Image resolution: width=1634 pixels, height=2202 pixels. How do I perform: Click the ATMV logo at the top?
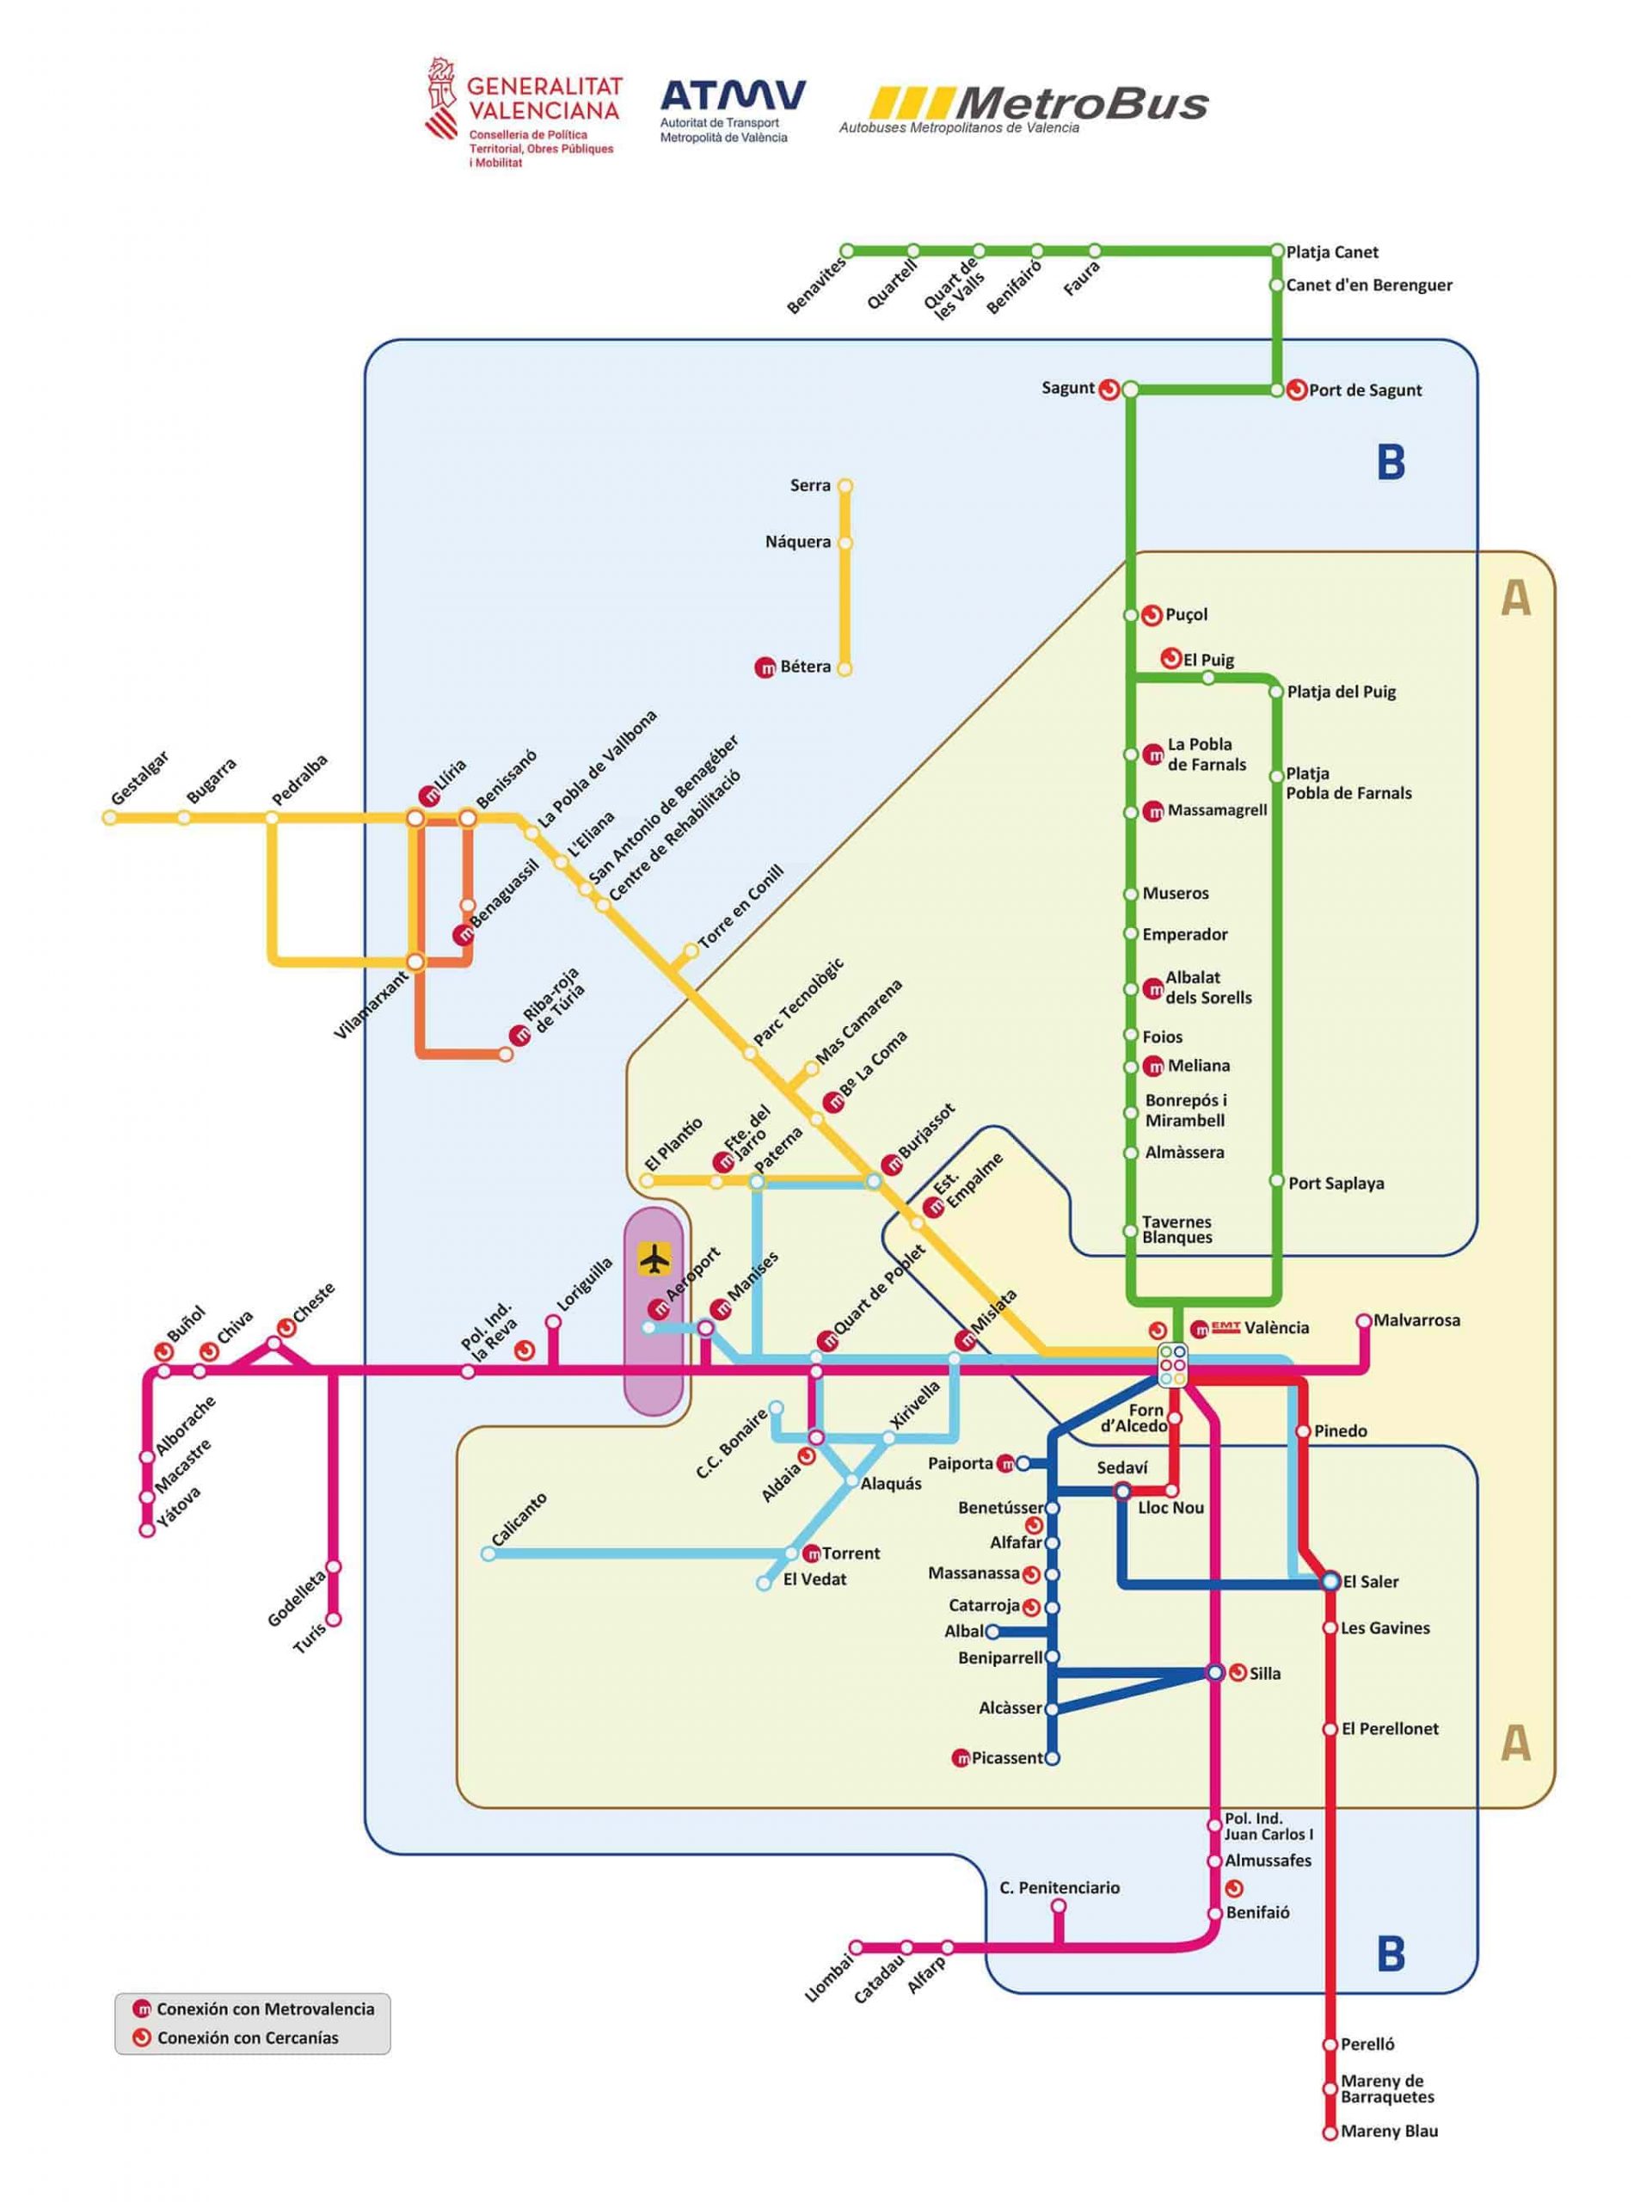tap(732, 97)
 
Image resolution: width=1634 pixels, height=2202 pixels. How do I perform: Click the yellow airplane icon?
tap(654, 1260)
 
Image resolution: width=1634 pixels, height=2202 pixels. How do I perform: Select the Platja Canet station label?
tap(1331, 252)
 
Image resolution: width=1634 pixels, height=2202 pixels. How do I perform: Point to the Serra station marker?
tap(845, 486)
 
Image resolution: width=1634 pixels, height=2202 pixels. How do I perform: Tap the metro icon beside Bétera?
tap(765, 667)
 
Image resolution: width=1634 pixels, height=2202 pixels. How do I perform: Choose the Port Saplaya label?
tap(1336, 1183)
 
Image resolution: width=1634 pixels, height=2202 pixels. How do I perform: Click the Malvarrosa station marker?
tap(1364, 1320)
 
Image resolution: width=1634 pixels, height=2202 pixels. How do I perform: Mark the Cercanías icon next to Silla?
tap(1238, 1673)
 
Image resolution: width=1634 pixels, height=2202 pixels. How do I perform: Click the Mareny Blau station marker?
tap(1330, 2131)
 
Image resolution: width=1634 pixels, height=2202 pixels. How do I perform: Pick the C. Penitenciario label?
tap(1060, 1887)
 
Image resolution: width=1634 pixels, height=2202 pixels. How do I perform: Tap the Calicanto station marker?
tap(488, 1554)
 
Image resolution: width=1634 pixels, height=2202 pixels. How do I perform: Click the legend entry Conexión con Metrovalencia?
tap(265, 2009)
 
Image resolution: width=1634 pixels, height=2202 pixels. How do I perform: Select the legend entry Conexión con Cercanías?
tap(248, 2038)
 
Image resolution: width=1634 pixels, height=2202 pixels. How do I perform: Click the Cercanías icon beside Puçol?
tap(1152, 615)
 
